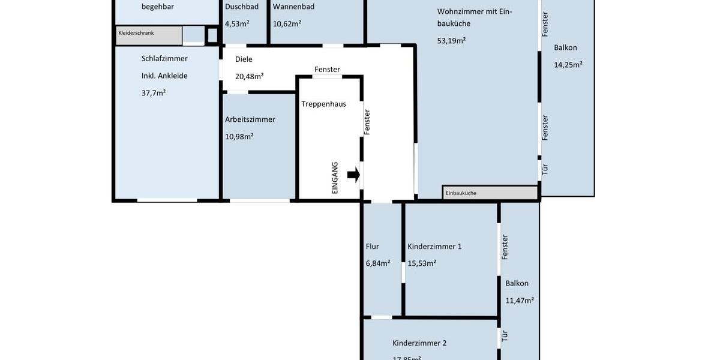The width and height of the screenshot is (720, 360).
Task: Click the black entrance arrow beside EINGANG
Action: (x=353, y=175)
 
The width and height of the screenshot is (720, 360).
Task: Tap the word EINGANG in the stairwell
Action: (x=335, y=178)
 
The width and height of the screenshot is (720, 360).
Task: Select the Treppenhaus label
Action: (x=323, y=104)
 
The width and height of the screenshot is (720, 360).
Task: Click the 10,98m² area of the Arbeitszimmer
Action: (x=239, y=136)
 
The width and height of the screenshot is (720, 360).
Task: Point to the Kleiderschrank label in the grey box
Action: (x=136, y=33)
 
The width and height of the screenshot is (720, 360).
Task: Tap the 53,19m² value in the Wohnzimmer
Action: (x=451, y=41)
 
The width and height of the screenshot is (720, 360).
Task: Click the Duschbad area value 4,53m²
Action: (x=237, y=24)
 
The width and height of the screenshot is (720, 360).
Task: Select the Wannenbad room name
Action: (x=293, y=7)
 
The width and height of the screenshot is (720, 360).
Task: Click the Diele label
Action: (x=244, y=59)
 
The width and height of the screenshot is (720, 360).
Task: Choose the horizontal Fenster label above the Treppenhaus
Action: (x=327, y=70)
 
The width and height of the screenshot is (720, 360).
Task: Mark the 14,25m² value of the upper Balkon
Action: (x=568, y=65)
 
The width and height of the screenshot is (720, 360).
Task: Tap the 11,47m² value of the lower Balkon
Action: (x=519, y=301)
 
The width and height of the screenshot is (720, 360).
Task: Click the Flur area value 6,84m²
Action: (x=378, y=263)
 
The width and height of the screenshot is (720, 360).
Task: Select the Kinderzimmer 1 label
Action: (x=434, y=247)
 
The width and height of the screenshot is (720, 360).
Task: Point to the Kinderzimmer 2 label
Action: (x=419, y=343)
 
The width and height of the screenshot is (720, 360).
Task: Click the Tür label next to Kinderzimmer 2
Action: (x=505, y=336)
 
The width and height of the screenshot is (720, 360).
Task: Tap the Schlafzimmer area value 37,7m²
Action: (x=154, y=93)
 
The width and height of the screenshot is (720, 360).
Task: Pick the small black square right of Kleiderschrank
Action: (x=212, y=35)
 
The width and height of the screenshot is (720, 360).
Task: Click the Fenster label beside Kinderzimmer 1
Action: (x=505, y=247)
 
